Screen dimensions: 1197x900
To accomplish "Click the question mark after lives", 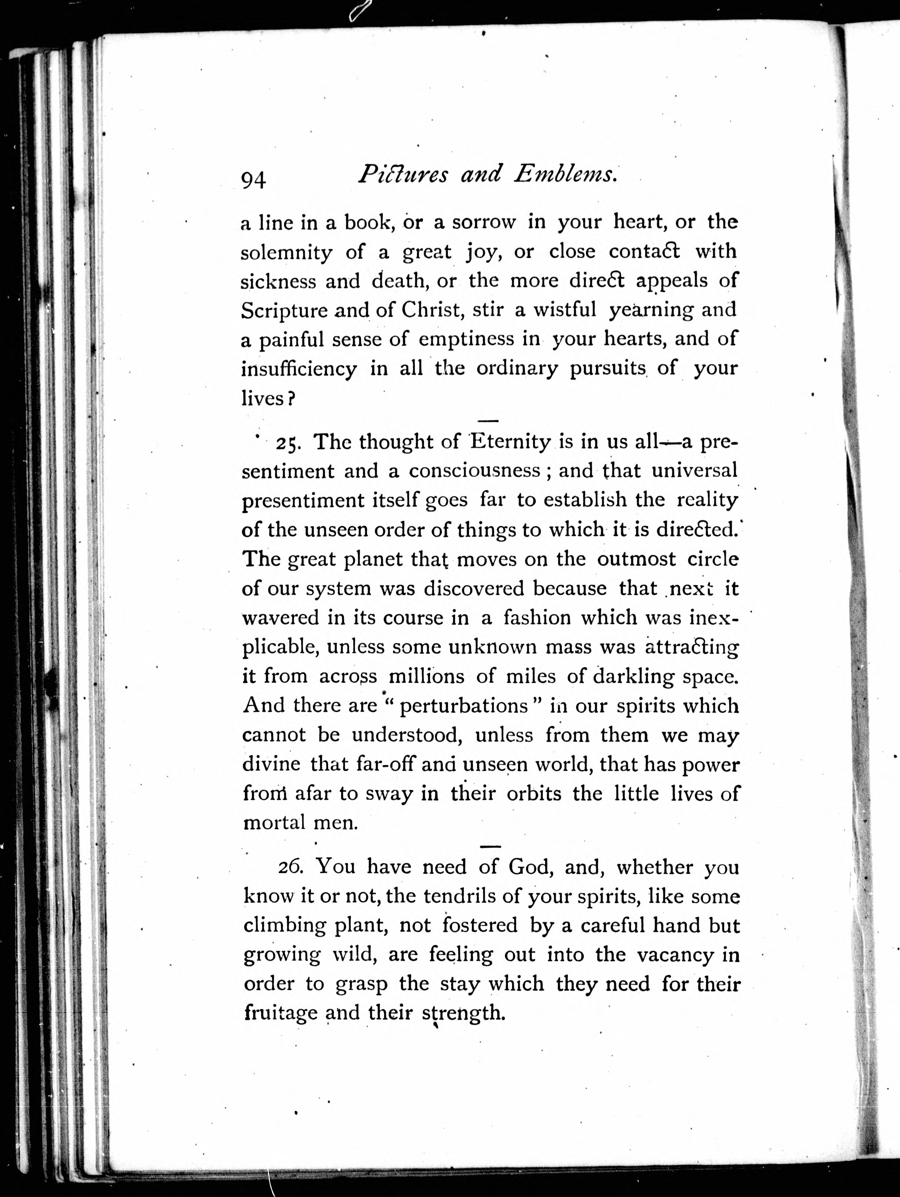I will pos(291,399).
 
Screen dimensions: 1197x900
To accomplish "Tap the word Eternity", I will pos(510,441).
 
